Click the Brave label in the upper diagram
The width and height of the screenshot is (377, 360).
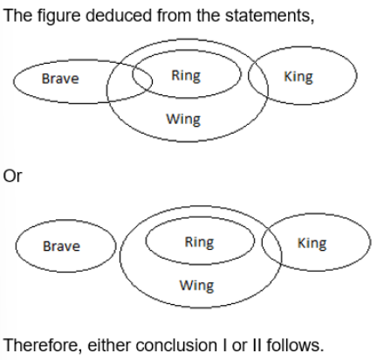[x=60, y=79]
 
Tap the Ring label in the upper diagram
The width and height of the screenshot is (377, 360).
[x=186, y=76]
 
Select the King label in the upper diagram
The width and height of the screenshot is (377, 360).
[x=298, y=77]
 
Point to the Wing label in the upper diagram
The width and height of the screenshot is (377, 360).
[x=183, y=120]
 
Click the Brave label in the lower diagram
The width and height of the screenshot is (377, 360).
[x=61, y=246]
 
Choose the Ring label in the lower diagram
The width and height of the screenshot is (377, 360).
[x=199, y=243]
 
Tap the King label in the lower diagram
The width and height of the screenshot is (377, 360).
[x=312, y=244]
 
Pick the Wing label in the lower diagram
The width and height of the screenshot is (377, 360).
[x=196, y=286]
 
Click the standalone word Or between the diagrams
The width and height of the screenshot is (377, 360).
[x=12, y=177]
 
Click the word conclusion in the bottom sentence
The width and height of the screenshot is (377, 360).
[x=176, y=345]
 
